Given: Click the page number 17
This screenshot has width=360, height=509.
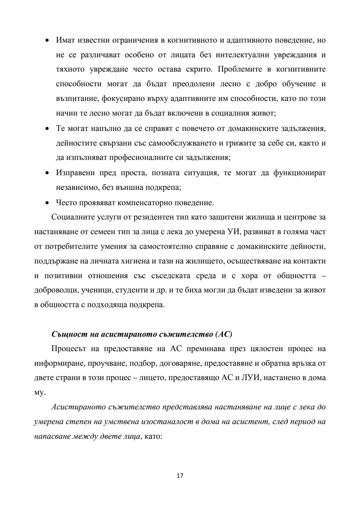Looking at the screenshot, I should click(x=180, y=475).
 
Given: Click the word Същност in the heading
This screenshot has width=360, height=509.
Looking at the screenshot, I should click(x=65, y=334).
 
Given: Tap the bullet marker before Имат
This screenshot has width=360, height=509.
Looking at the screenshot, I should click(x=47, y=41).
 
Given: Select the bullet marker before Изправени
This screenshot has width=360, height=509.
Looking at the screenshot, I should click(x=47, y=173).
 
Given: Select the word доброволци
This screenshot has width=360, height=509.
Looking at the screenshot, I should click(x=55, y=290).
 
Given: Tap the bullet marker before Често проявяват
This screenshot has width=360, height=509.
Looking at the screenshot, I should click(x=47, y=203).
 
